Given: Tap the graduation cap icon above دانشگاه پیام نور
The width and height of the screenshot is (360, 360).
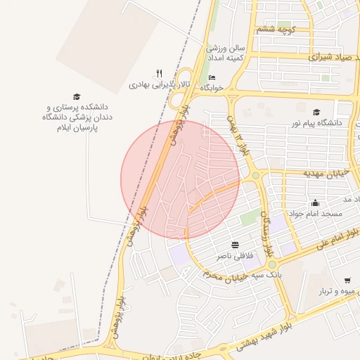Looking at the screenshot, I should (316, 112).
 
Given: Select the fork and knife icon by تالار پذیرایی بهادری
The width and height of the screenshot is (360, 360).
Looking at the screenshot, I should (159, 73).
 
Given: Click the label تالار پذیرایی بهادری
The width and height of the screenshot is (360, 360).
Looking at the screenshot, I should (160, 84).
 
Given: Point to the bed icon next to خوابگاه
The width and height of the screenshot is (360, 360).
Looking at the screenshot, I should (213, 77).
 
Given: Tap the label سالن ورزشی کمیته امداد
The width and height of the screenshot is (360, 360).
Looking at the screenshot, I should (225, 53).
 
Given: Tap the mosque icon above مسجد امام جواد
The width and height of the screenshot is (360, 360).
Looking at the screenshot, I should (314, 203).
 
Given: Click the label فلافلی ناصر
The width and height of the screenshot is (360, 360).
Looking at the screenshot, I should (234, 255).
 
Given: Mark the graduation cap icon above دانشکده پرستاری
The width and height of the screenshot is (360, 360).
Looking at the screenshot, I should (77, 97).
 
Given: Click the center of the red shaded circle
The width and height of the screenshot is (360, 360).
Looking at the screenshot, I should (180, 180).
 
